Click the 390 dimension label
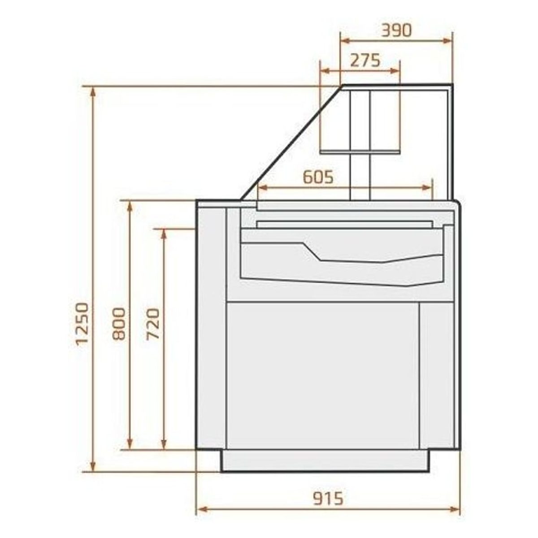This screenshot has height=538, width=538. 396,30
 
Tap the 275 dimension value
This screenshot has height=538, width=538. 365,61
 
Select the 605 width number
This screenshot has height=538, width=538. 318,177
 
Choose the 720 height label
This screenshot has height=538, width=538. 153,324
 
